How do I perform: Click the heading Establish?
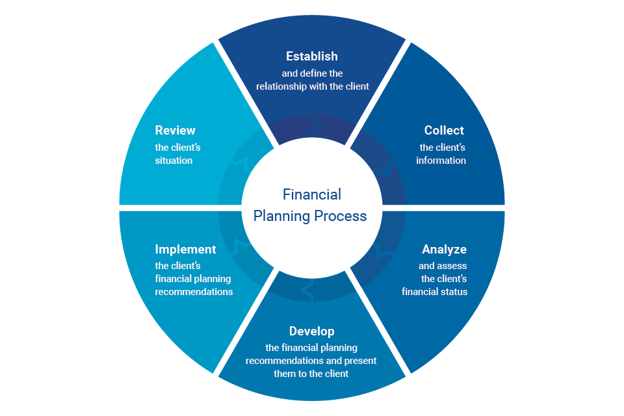[x=312, y=57]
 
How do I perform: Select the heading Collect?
[x=444, y=131]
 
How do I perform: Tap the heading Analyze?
[x=444, y=250]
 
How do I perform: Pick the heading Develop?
[x=312, y=331]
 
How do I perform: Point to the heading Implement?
[x=185, y=250]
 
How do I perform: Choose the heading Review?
[x=175, y=131]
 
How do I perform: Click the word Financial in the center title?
[x=312, y=194]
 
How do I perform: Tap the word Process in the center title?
[x=341, y=216]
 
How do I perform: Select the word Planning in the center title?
[x=281, y=216]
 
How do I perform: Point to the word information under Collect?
[x=441, y=161]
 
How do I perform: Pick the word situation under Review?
[x=174, y=161]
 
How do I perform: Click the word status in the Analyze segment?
[x=453, y=292]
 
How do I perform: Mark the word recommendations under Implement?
[x=194, y=292]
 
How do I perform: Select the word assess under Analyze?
[x=452, y=266]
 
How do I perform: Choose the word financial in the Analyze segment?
[x=421, y=292]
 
